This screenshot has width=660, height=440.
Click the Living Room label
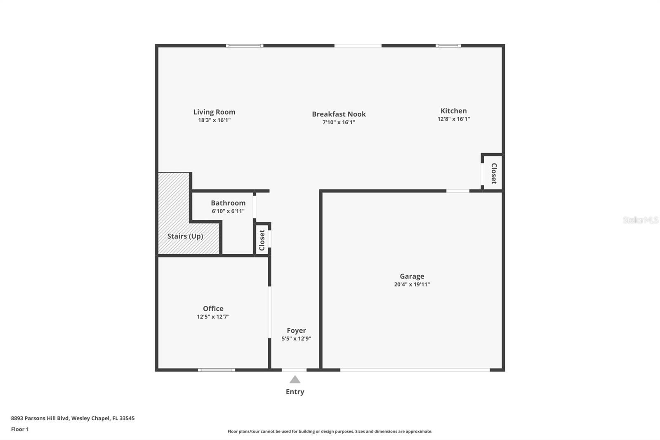pos(214,112)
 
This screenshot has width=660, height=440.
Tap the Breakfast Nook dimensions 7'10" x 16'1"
pos(339,122)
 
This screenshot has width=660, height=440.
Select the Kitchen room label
pos(453,111)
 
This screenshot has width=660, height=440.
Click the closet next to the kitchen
pos(493,173)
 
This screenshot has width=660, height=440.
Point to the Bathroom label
pos(228,203)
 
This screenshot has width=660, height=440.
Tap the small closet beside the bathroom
pos(262,240)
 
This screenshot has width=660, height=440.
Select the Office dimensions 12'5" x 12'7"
pos(213,317)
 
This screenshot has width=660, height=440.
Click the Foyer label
pos(296,330)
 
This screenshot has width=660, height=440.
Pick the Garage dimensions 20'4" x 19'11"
pos(412,284)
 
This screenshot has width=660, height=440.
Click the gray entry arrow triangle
pos(295,379)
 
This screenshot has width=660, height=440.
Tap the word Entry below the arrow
pos(295,392)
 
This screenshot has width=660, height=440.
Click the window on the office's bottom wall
pos(217,370)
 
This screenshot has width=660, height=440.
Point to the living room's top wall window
pos(245,45)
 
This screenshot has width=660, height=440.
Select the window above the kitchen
pos(448,45)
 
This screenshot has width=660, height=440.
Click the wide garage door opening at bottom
pos(415,370)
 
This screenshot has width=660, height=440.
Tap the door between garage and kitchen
pos(457,191)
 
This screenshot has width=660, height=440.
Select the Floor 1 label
pos(20,429)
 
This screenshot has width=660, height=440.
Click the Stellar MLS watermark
pos(640,220)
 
